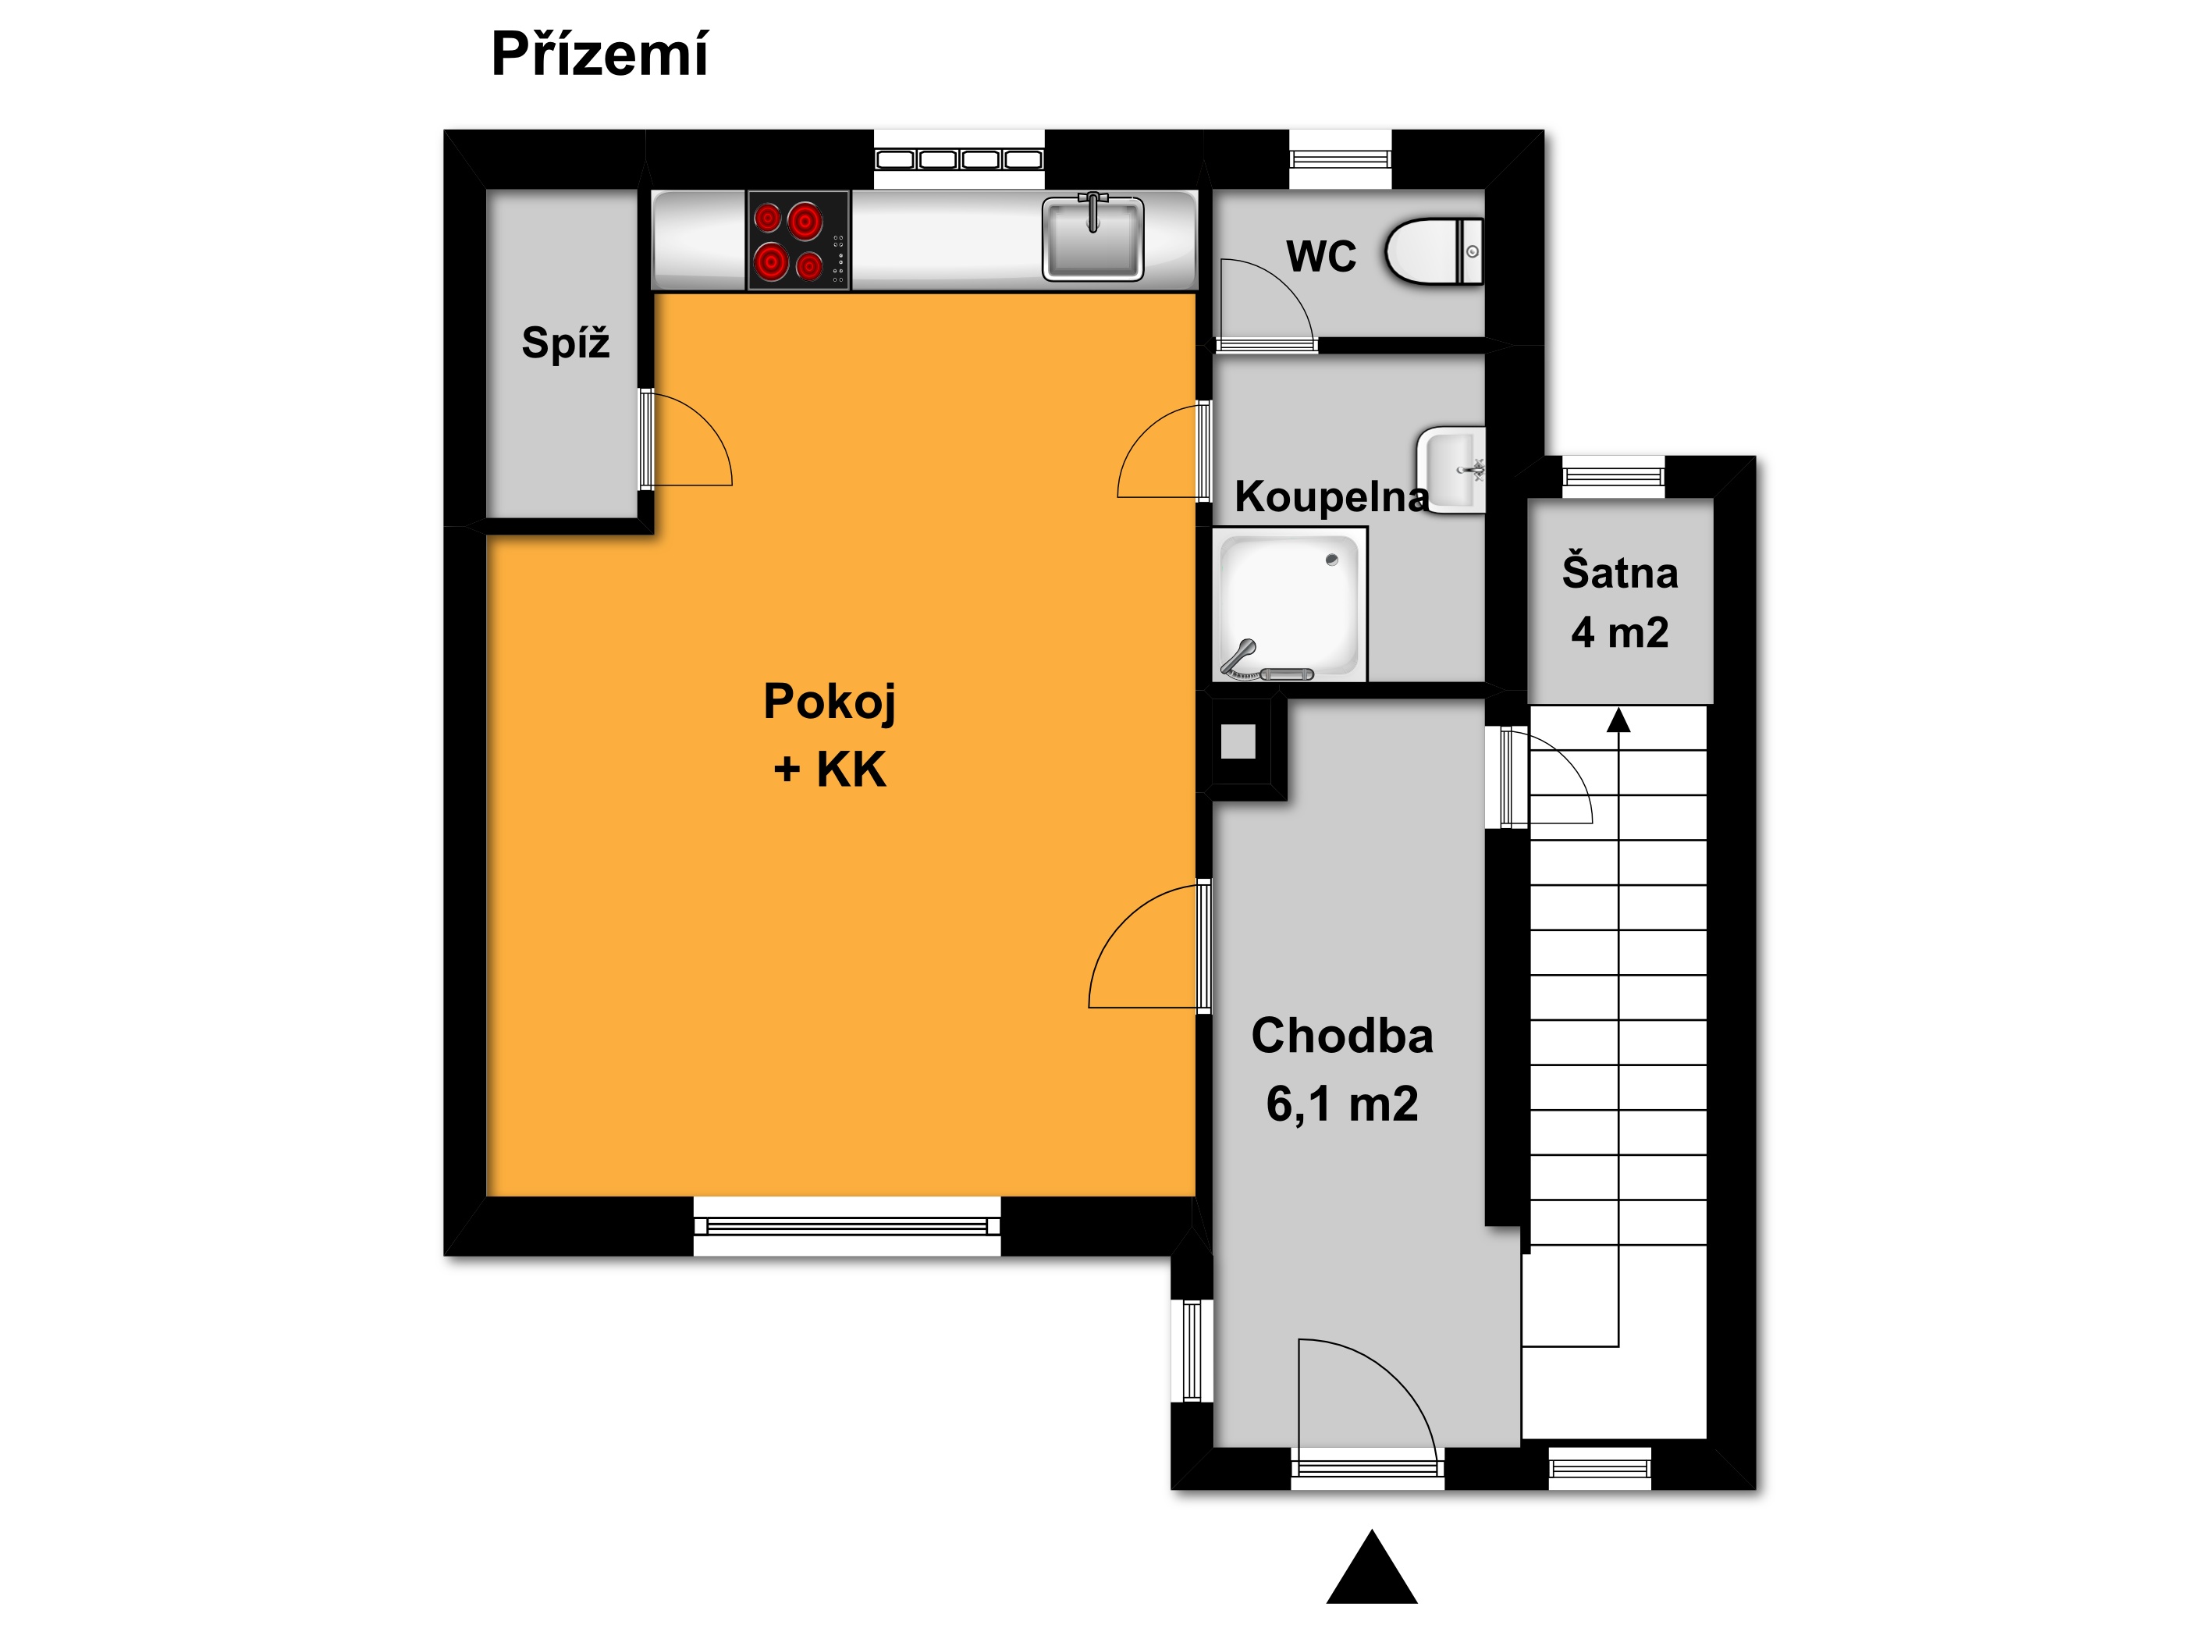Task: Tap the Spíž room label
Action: point(565,343)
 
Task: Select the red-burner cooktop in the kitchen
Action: point(798,240)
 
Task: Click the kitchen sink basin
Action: point(1092,237)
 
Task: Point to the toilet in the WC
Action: point(1434,252)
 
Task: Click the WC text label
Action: point(1320,256)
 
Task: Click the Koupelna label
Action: point(1331,496)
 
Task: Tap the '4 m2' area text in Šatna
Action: point(1620,632)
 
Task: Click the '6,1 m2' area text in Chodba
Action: point(1342,1104)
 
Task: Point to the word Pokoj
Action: point(830,702)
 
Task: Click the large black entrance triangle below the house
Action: point(1372,1567)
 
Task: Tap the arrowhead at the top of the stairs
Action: point(1618,720)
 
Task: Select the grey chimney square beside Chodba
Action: point(1238,741)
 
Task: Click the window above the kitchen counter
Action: point(959,159)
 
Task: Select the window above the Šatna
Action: point(1613,477)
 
